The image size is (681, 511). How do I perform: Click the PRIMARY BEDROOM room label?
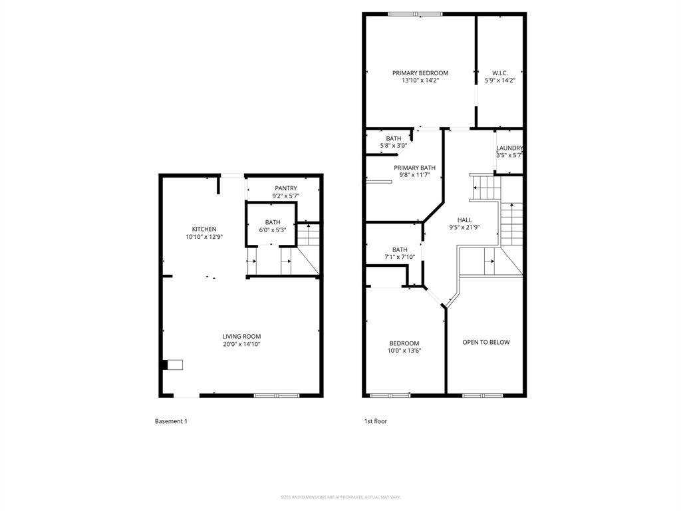[x=420, y=73]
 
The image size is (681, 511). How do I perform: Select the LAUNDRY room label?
[x=509, y=148]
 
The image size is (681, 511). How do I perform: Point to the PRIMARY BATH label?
[x=414, y=168]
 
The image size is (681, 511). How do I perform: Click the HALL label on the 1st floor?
[x=464, y=220]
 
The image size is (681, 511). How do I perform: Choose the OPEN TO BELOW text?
[x=486, y=342]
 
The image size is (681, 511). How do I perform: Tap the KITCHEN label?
[x=204, y=230]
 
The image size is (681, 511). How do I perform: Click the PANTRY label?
[x=286, y=188]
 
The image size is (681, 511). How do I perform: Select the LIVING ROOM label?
[x=241, y=337]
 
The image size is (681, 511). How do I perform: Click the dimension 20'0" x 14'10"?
[x=241, y=344]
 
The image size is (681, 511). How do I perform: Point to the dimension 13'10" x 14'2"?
[x=420, y=81]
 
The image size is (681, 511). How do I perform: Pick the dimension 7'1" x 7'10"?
[x=400, y=257]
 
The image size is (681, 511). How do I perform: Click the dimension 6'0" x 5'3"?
[x=273, y=230]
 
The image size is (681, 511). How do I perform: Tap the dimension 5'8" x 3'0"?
[x=393, y=145]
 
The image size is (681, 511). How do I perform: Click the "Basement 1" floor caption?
[x=171, y=421]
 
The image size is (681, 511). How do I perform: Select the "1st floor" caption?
[x=375, y=421]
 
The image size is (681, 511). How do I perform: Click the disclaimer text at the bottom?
[x=340, y=497]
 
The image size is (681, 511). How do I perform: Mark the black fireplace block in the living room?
[x=164, y=365]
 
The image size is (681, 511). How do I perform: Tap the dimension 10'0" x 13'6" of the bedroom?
[x=404, y=351]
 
